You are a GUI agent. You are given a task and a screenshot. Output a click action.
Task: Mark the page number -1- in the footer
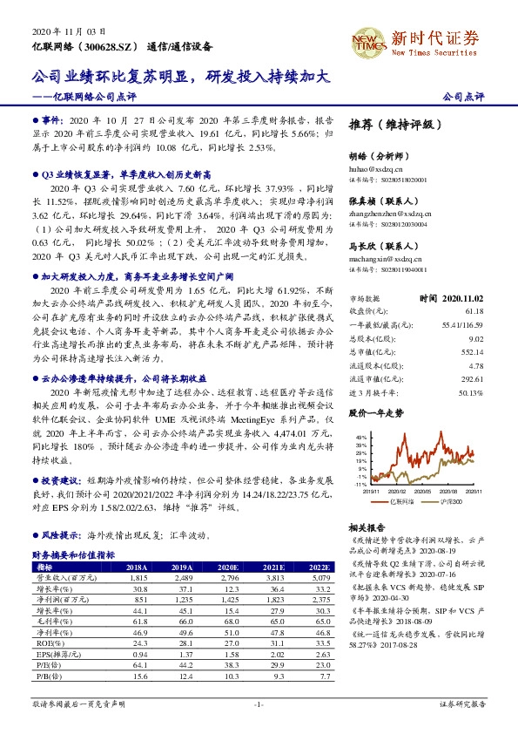click(259, 703)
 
